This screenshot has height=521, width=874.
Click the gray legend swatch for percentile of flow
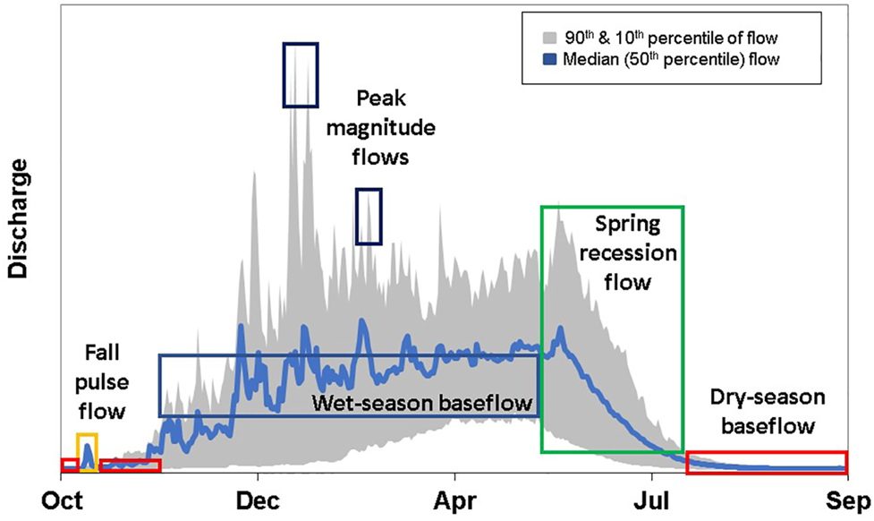click(547, 38)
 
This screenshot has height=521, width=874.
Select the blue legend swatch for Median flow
click(547, 60)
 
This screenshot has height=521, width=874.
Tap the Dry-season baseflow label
click(768, 411)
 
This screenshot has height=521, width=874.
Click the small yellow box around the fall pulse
click(87, 452)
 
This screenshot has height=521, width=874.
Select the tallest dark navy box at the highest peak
click(300, 74)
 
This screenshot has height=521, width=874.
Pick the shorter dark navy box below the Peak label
click(369, 216)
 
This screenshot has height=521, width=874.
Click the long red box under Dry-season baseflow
click(766, 464)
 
